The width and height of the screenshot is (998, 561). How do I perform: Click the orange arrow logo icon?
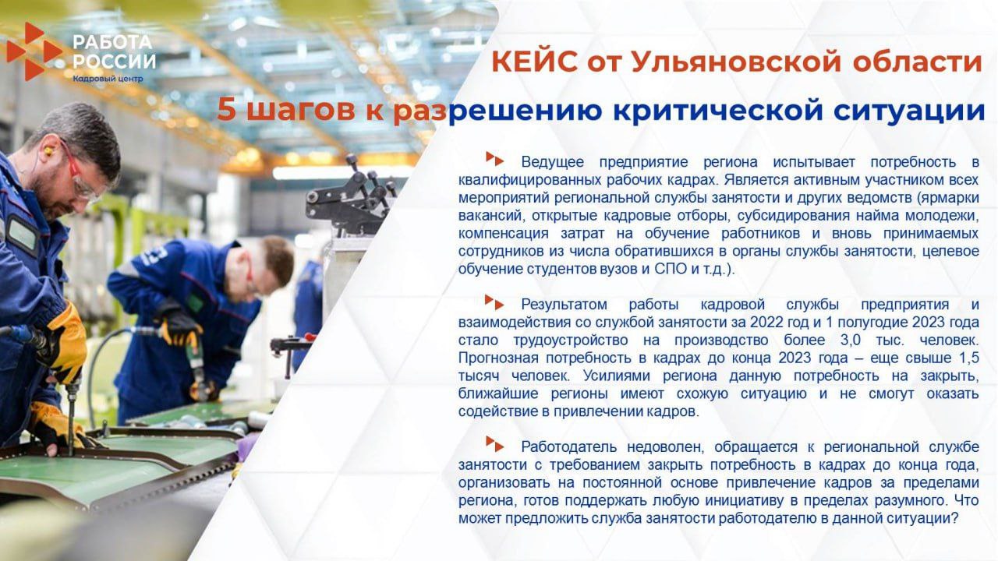(33, 51)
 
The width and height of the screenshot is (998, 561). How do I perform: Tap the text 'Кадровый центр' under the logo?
(108, 79)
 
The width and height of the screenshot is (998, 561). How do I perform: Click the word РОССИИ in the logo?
(114, 61)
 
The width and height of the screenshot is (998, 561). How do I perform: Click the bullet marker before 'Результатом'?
(494, 302)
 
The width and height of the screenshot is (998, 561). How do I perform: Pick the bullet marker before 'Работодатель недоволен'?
(494, 444)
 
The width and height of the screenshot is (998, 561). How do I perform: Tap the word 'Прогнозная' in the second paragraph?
(496, 358)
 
